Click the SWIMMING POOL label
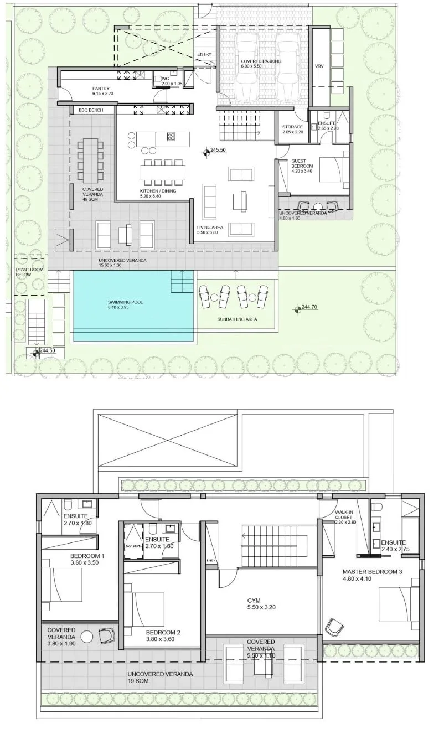[x=122, y=302]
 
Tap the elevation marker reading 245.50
[x=206, y=150]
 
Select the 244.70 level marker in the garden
[x=298, y=307]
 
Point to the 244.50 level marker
[x=37, y=351]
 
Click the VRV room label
[x=319, y=66]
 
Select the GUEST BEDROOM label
[x=302, y=163]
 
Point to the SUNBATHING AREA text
[x=238, y=319]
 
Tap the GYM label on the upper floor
[x=254, y=601]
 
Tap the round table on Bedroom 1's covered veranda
[x=86, y=637]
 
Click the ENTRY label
[x=204, y=54]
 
